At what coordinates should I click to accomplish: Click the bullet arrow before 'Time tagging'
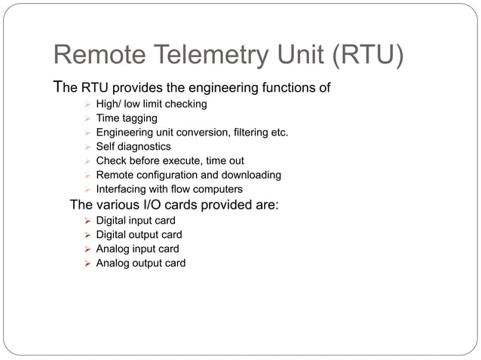click(87, 118)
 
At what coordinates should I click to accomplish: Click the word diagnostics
click(144, 147)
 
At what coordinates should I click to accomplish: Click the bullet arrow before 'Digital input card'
click(87, 221)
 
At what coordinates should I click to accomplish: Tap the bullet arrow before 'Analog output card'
click(87, 264)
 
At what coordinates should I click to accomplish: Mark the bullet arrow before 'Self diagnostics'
click(87, 147)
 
